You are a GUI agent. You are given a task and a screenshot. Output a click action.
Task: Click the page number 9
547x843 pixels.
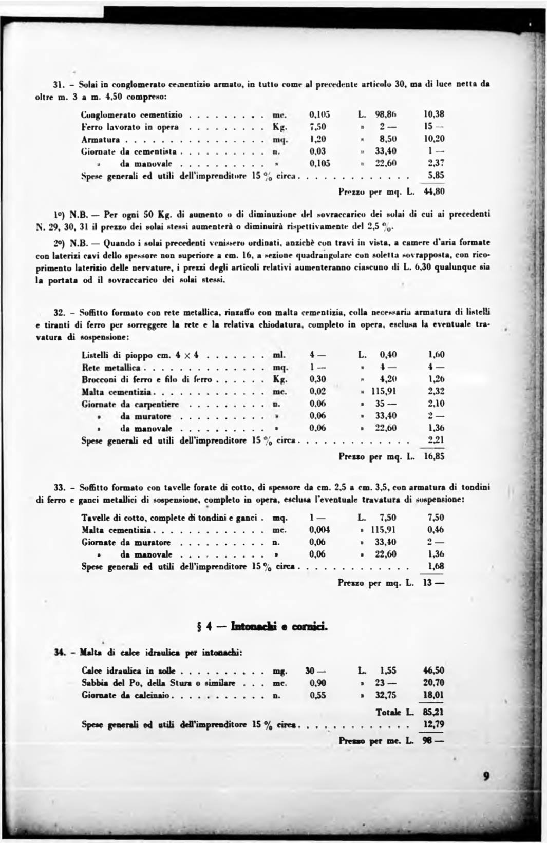486,776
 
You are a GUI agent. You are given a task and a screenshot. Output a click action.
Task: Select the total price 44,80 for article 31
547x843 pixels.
434,192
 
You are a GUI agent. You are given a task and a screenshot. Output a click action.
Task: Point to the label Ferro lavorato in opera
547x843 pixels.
130,127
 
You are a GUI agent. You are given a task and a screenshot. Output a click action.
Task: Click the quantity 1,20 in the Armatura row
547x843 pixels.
317,139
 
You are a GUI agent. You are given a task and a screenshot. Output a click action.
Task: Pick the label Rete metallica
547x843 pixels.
111,368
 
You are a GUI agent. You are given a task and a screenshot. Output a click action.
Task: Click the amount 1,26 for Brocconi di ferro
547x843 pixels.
436,379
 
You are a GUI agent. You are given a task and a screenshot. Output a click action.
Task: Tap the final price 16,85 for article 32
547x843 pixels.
434,456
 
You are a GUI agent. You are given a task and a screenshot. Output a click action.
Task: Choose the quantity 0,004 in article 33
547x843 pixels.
319,530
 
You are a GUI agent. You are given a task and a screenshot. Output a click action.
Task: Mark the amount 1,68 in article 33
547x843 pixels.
436,566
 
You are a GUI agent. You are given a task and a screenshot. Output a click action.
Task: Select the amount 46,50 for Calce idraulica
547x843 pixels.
434,670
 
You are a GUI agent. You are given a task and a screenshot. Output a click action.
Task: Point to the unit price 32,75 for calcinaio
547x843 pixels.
386,695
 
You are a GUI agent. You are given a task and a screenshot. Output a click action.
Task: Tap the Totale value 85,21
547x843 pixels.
434,712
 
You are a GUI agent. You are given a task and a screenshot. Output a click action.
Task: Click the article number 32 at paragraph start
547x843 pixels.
59,312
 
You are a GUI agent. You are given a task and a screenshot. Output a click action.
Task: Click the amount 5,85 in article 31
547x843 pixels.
436,176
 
